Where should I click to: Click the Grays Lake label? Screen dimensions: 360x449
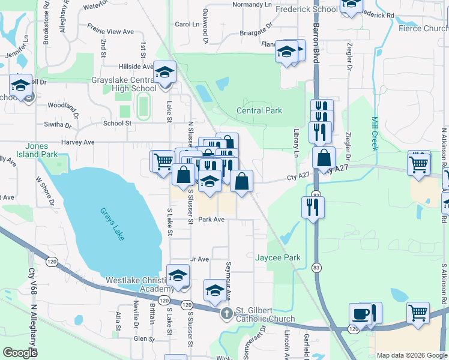[112, 225]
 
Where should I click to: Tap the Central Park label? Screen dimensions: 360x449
[259, 110]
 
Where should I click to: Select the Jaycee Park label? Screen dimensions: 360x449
[278, 257]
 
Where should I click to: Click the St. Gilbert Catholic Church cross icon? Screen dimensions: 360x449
[226, 313]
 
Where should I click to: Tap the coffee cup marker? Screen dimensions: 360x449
[360, 313]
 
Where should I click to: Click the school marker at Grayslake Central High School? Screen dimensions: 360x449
[163, 73]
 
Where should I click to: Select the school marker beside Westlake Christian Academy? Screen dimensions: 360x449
[178, 275]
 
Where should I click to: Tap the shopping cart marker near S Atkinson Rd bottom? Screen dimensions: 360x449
[418, 312]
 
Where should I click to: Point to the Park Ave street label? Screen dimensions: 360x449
[211, 220]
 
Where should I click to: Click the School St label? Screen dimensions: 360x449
[117, 123]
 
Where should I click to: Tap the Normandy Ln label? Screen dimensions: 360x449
[252, 4]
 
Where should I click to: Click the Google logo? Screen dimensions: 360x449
[20, 353]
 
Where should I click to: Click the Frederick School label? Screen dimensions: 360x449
[306, 10]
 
